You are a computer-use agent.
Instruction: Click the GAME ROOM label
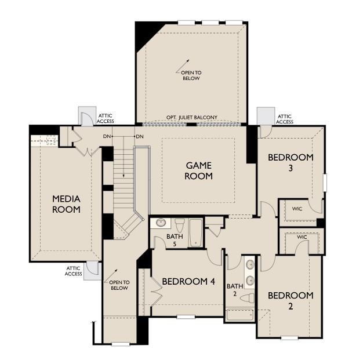click(198, 170)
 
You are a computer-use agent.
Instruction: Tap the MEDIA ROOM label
click(66, 204)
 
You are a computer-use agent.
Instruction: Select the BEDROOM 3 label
click(291, 162)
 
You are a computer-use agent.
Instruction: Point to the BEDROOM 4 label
click(188, 282)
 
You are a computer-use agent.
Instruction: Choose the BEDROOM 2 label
click(291, 301)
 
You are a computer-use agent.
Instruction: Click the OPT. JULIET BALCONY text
click(191, 118)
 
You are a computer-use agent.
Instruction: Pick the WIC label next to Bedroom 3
click(297, 209)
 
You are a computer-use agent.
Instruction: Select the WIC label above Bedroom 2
click(302, 237)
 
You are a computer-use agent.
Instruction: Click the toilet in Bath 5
click(180, 224)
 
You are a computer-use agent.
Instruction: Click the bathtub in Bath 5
click(195, 232)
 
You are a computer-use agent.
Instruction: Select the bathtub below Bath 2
click(239, 315)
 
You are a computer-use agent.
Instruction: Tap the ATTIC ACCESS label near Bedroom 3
click(284, 119)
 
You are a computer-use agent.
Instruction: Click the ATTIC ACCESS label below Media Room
click(73, 271)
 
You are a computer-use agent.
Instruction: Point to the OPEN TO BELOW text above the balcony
click(191, 75)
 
